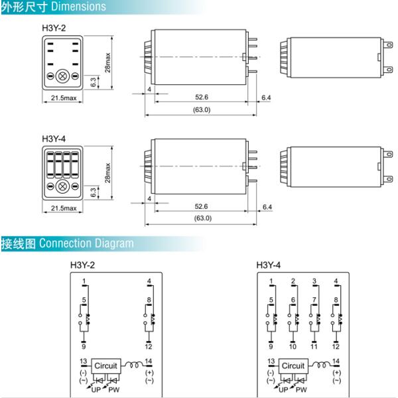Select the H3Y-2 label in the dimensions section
54,27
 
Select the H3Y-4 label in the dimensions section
54,139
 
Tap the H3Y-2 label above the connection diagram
82,265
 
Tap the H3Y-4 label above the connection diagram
269,265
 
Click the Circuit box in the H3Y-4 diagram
293,365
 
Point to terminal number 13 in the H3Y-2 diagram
83,361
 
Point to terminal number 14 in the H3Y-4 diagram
336,361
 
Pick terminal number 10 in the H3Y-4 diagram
293,347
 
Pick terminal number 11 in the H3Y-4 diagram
314,347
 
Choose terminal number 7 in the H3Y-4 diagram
314,300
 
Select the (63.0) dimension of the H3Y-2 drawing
202,109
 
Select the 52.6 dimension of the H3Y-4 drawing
202,207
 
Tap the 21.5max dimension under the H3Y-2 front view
64,99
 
